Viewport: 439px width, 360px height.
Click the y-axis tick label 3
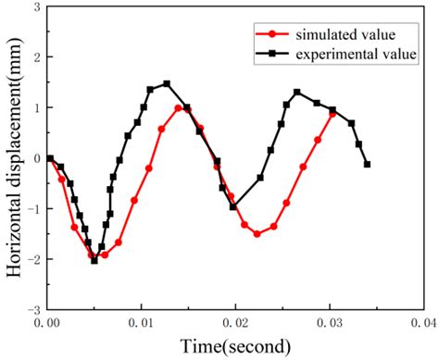tap(35, 7)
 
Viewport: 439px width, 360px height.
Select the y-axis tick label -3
tap(32, 309)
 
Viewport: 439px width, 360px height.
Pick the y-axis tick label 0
tap(35, 158)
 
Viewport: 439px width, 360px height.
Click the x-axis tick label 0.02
tap(236, 324)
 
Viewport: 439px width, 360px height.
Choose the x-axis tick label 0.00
tap(47, 324)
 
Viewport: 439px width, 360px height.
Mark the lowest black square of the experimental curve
tap(94, 261)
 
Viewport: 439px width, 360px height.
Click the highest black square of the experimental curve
tap(167, 84)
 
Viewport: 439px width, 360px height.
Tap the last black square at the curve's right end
tap(368, 165)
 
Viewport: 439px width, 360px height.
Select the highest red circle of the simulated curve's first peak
tap(179, 108)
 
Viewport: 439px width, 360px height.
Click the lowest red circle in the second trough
tap(257, 234)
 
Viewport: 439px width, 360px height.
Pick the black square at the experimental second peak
tap(297, 93)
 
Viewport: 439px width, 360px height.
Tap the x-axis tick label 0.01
tap(142, 324)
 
